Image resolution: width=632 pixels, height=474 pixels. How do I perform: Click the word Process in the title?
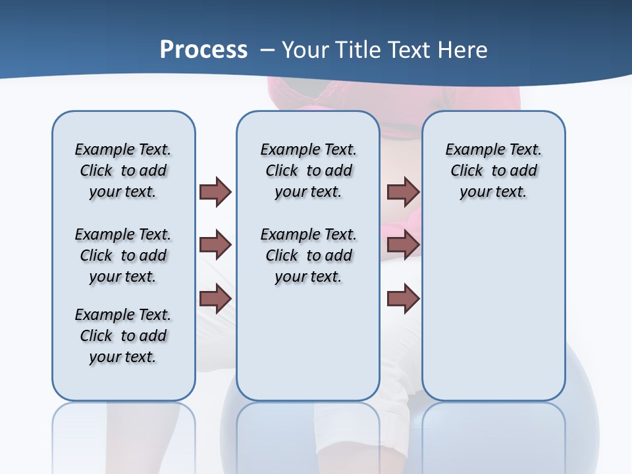tap(203, 49)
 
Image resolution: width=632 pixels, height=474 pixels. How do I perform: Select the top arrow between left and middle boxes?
tap(215, 192)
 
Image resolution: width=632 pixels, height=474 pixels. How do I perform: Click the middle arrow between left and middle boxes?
tap(215, 245)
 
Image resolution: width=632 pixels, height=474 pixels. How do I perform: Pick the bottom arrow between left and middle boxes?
tap(215, 298)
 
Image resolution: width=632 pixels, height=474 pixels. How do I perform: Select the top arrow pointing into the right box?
tap(403, 192)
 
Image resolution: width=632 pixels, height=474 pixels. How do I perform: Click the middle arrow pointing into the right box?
tap(403, 245)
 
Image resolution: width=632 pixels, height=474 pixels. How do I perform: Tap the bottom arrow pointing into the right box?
tap(403, 298)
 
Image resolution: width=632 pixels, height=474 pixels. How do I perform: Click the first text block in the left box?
tap(123, 171)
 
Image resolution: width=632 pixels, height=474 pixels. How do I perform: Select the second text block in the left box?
tap(123, 255)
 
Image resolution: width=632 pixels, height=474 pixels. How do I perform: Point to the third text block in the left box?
tap(123, 336)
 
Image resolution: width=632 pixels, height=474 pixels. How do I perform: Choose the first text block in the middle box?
tap(308, 171)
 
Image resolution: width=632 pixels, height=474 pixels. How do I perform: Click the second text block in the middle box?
tap(308, 255)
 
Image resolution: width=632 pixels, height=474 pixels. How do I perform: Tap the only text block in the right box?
tap(493, 171)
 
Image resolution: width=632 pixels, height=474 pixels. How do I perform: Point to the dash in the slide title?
tap(267, 50)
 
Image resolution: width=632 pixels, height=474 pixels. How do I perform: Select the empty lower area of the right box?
tap(493, 309)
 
